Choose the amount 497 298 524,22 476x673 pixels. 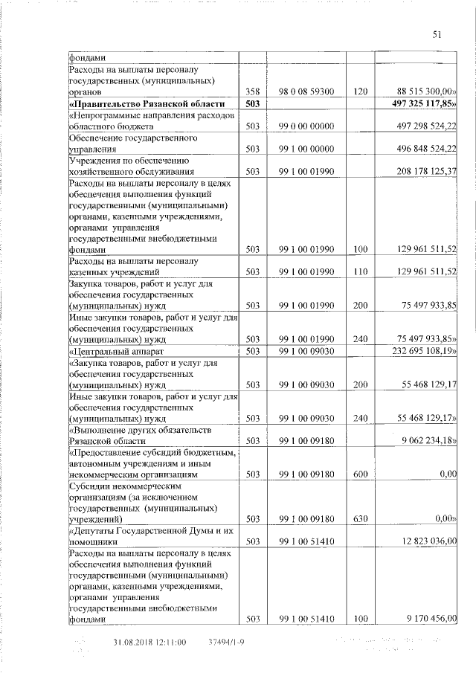click(x=421, y=126)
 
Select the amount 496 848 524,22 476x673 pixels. click(x=421, y=149)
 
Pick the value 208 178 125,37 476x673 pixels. click(x=421, y=171)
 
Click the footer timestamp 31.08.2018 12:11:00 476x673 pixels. click(x=149, y=642)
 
